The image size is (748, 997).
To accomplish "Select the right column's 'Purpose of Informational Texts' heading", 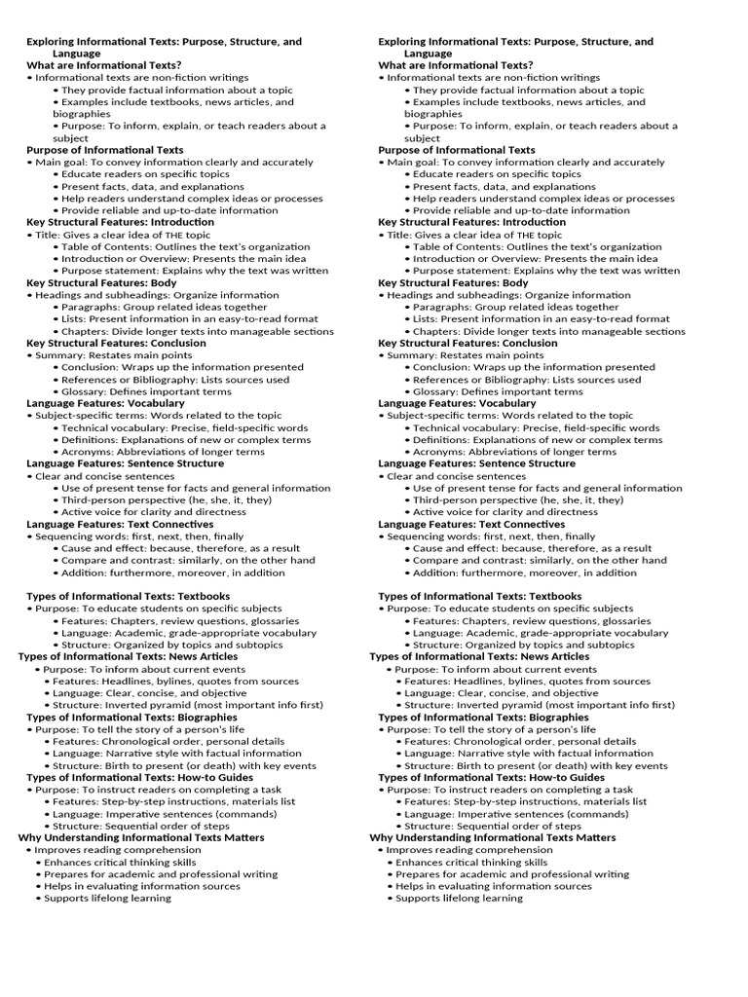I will click(457, 151).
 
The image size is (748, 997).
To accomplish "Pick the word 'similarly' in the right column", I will click(546, 560).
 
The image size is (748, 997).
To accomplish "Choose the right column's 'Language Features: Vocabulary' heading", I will click(457, 403).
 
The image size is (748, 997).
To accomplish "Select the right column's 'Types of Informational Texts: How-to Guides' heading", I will click(491, 777).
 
